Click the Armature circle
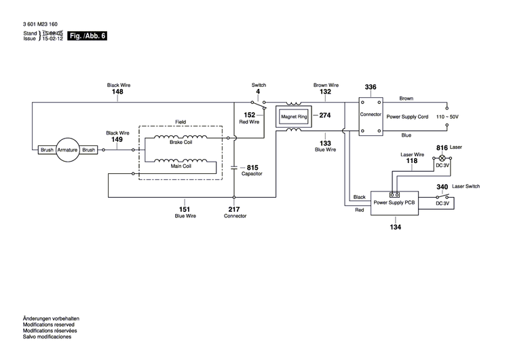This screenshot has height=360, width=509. tap(68, 149)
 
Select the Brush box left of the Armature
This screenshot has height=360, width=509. tap(47, 149)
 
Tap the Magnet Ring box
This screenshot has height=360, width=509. tap(295, 117)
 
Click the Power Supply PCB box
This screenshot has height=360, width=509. tap(394, 202)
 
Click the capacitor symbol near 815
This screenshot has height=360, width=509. tap(234, 166)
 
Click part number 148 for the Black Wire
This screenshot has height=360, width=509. tap(117, 92)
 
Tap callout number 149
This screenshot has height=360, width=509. tap(117, 139)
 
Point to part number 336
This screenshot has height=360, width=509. tap(370, 88)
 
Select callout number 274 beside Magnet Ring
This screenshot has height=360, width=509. tap(324, 115)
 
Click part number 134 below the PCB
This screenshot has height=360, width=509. tap(394, 226)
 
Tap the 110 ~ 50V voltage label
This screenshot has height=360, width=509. tap(447, 118)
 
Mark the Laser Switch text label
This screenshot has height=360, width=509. tap(467, 186)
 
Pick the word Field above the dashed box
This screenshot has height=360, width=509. tap(181, 122)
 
